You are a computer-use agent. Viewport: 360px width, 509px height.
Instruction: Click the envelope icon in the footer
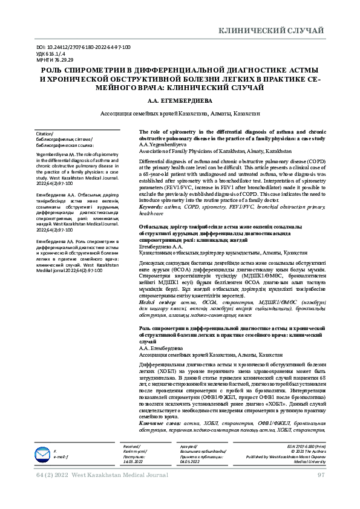[42, 453]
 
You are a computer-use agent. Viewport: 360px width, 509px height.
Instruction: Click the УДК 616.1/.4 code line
[52, 53]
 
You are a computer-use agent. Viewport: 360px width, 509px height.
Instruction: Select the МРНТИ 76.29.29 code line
[56, 60]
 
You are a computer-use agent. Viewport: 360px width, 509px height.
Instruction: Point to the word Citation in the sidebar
[45, 134]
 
